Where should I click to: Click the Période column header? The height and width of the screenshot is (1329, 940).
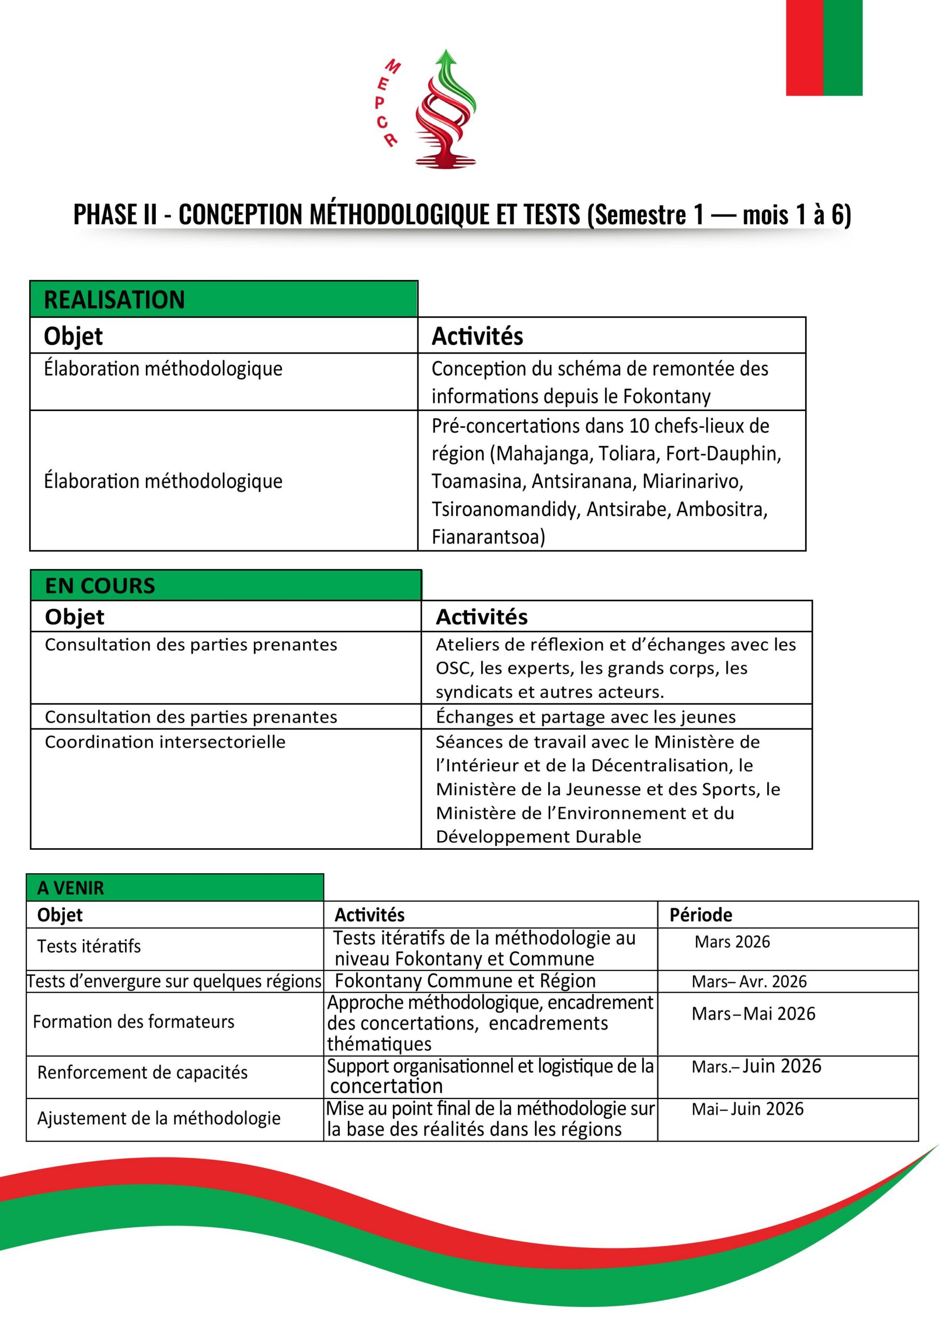pos(700,915)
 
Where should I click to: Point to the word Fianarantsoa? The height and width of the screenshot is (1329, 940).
pos(487,537)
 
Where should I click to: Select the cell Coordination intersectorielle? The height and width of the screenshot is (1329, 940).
pos(165,742)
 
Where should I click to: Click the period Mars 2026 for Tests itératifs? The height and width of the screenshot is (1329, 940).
pos(732,942)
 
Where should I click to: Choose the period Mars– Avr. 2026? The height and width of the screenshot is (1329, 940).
pos(748,981)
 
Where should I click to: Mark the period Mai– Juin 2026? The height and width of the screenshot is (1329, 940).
pos(747,1108)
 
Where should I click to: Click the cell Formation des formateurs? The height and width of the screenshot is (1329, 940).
pos(134,1022)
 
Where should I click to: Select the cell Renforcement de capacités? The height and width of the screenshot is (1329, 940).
pos(142,1073)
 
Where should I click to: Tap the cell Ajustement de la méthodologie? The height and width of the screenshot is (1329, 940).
pos(159,1118)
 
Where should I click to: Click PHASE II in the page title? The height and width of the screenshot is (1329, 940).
pos(115,215)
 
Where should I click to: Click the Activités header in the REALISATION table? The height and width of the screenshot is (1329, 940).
pos(477,336)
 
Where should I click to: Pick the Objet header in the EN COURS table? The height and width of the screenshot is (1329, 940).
pos(75,617)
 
